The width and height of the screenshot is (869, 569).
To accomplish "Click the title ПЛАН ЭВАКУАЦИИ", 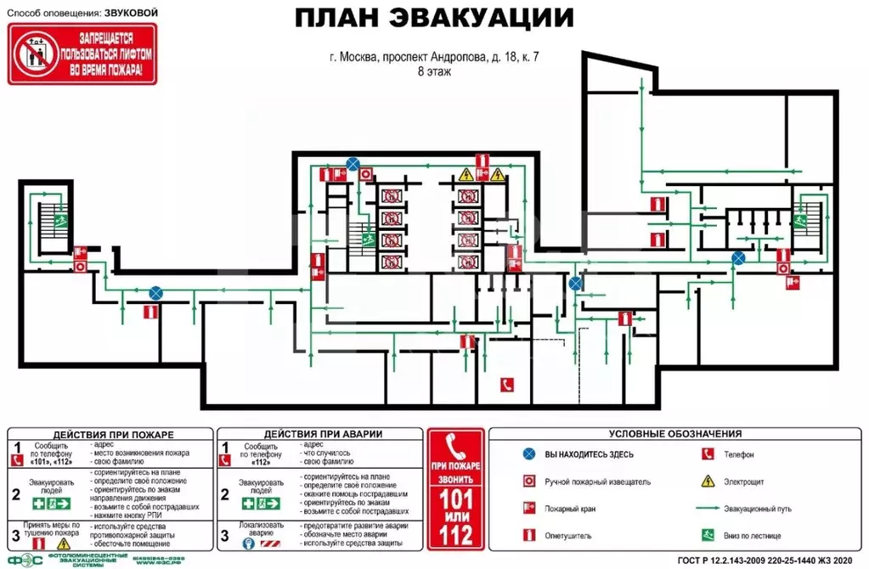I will tap(433, 19).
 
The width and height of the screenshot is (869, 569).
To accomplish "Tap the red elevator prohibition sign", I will tap(82, 54).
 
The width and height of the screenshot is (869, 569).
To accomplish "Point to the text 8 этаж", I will tap(433, 72).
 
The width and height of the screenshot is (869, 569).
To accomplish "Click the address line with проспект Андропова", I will tap(434, 58).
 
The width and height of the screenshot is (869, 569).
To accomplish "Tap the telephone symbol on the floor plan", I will tap(507, 384).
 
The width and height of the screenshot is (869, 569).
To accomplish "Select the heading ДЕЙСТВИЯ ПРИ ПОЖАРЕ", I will tap(108, 433).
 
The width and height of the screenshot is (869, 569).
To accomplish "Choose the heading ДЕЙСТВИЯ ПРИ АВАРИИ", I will tap(322, 433).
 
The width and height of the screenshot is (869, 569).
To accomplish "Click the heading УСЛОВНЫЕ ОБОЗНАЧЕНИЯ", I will tap(675, 433).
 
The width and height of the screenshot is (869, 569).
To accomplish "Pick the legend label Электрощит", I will tap(743, 482).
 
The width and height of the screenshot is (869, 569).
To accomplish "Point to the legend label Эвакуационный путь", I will tap(758, 509).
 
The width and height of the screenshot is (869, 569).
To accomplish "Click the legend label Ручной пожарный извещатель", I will tap(598, 482).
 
